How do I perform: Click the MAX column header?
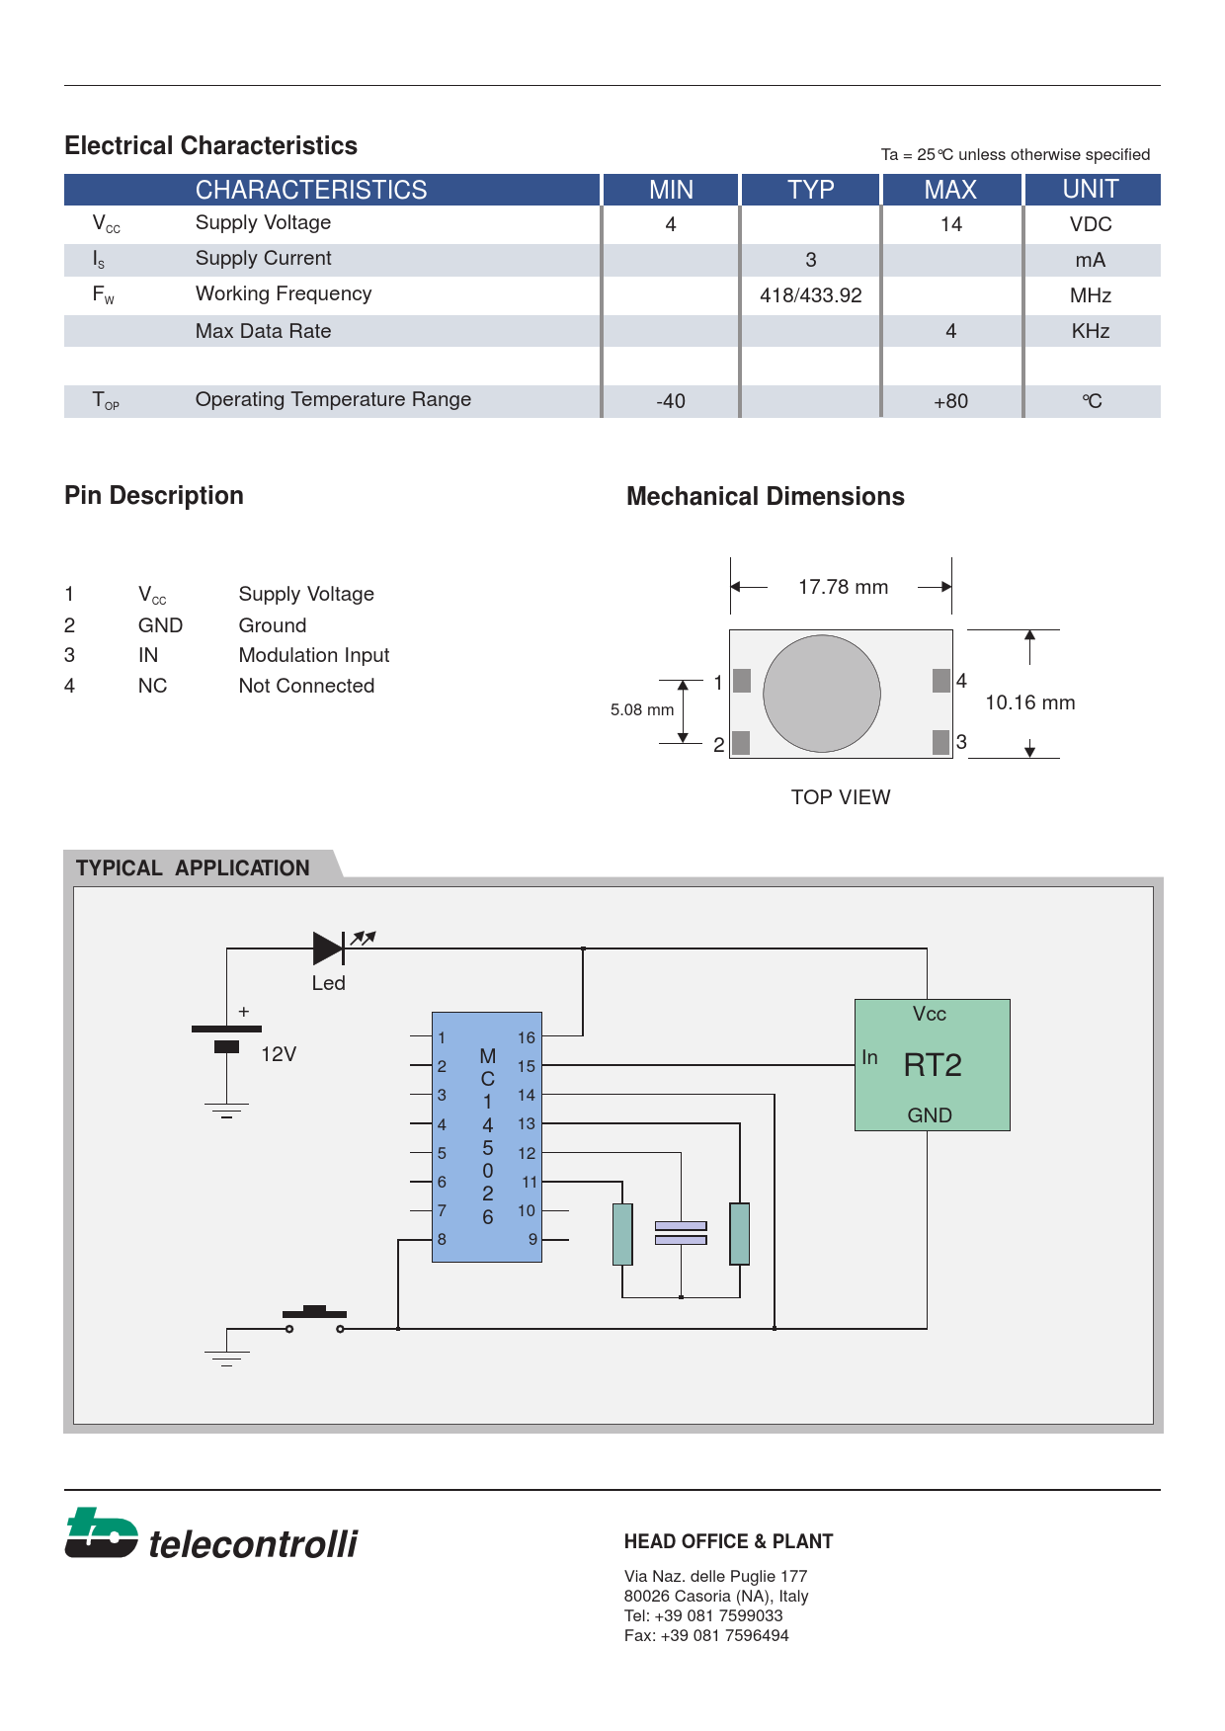[950, 190]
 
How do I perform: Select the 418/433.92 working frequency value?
[810, 295]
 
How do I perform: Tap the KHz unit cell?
[1091, 331]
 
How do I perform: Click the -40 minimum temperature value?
[671, 401]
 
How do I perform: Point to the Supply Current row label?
[263, 259]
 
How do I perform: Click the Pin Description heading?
[154, 496]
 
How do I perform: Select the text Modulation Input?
[314, 655]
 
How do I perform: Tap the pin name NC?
[152, 686]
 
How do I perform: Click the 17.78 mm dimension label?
[843, 587]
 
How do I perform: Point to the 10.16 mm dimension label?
[1029, 702]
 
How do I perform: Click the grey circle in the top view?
[822, 694]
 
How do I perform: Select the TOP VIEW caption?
[841, 797]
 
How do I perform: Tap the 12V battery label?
[279, 1054]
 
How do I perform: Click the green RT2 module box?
[932, 1065]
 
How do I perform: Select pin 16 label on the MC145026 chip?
[526, 1037]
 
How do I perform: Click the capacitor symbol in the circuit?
[681, 1233]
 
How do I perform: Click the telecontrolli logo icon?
[101, 1533]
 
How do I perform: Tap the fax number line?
[706, 1635]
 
